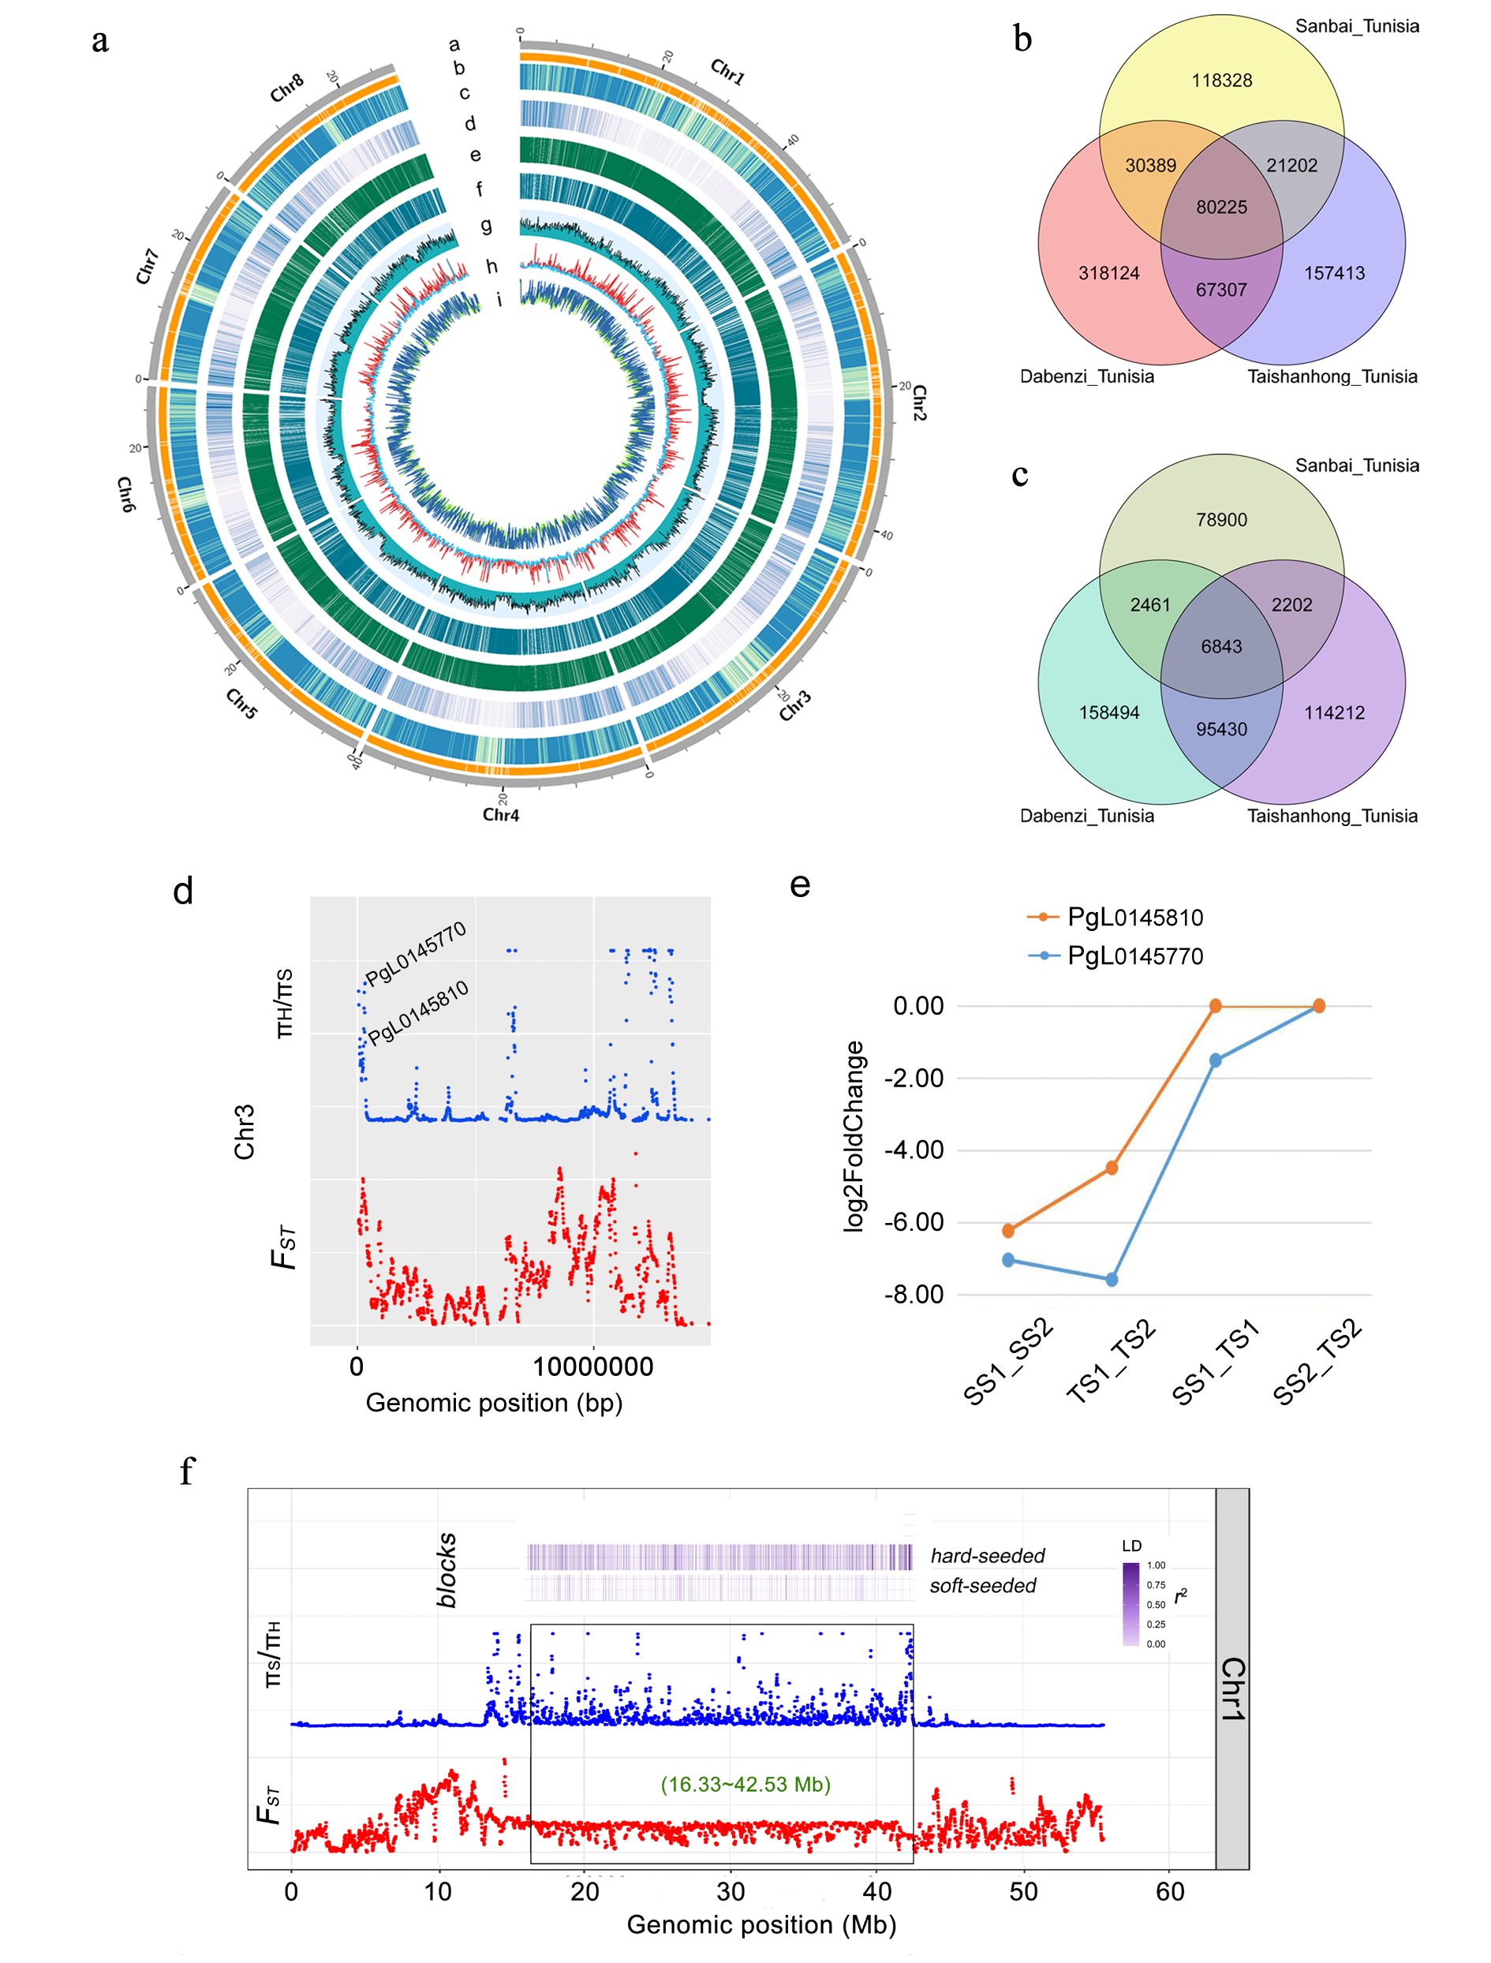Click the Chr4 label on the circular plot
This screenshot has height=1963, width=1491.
point(500,815)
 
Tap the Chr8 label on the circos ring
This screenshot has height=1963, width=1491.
point(286,88)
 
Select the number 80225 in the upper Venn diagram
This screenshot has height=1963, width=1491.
point(1221,208)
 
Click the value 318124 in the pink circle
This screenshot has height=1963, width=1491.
point(1108,273)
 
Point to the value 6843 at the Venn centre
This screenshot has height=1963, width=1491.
point(1221,647)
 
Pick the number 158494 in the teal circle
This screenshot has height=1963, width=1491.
point(1108,712)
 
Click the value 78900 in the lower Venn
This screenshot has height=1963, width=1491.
point(1221,520)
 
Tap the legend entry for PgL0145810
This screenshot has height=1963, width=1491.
point(1134,918)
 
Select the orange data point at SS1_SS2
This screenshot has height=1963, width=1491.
point(1008,1231)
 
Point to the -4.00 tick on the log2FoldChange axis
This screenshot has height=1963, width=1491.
point(914,1150)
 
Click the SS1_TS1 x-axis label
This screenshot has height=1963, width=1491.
point(1216,1363)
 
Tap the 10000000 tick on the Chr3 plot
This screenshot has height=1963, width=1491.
point(593,1367)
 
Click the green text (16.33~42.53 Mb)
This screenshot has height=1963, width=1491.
point(745,1785)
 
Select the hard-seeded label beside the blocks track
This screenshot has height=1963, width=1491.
point(987,1556)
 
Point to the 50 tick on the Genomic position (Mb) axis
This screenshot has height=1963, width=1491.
point(1023,1892)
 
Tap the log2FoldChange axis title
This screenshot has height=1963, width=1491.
point(854,1136)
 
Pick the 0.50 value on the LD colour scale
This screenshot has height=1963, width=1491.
point(1156,1605)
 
